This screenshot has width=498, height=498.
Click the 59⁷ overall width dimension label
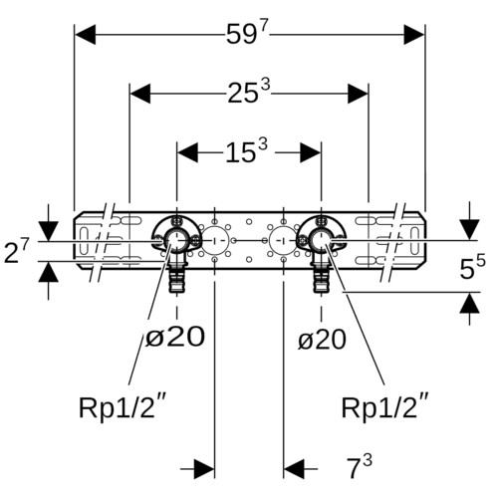click(246, 33)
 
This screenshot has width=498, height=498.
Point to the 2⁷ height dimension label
click(17, 251)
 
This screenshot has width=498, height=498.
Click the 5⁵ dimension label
click(472, 266)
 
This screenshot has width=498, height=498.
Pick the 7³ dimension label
click(360, 467)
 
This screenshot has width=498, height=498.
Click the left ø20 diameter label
click(175, 337)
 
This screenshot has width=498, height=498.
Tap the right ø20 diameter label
click(322, 340)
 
